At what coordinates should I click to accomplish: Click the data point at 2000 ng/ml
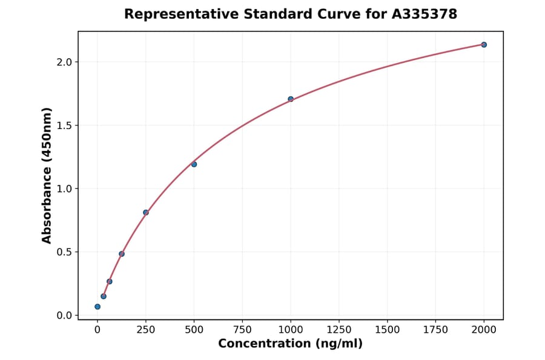coord(484,45)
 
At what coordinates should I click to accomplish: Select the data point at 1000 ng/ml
coord(291,99)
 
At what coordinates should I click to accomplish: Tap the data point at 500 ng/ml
coord(194,164)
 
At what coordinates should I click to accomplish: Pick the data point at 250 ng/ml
coord(146,213)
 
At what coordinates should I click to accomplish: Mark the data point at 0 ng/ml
coord(97,307)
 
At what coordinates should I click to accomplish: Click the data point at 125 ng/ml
coord(122,254)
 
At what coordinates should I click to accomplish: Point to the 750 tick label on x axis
coord(242,330)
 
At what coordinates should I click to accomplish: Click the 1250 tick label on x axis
coord(339,330)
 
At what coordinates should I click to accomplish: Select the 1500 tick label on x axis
coord(388,330)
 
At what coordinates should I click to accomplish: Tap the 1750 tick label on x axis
coord(435,330)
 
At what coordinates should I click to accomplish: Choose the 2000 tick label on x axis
coord(484,330)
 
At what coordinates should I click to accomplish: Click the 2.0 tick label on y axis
coord(65,62)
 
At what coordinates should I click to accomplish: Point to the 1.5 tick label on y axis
coord(65,125)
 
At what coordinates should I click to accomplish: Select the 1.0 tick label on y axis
coord(65,188)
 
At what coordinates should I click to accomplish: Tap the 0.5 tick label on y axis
coord(65,252)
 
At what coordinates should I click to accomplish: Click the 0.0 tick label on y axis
coord(65,315)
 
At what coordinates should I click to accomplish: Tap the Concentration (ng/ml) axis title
coord(290,344)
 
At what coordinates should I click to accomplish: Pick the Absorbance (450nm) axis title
coord(47,175)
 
